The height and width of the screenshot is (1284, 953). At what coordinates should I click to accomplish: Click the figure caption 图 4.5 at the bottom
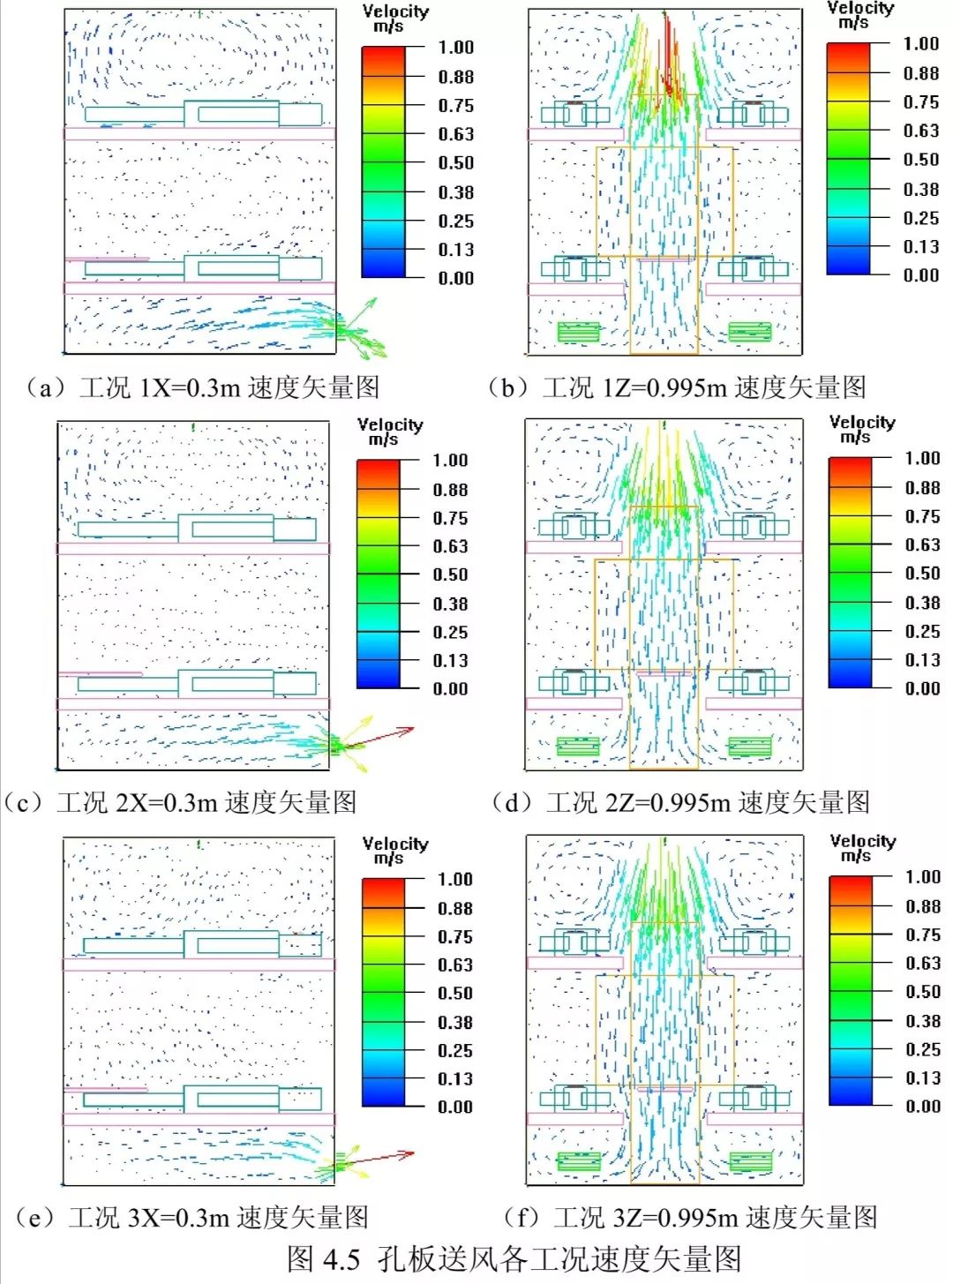(x=514, y=1258)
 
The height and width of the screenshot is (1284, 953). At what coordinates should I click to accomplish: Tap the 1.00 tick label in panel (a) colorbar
(x=455, y=48)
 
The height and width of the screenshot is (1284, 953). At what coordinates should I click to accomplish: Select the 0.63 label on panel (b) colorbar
(x=920, y=131)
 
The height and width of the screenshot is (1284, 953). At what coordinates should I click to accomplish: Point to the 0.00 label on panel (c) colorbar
(x=450, y=688)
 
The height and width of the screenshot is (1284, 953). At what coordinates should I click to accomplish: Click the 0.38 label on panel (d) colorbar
(x=922, y=603)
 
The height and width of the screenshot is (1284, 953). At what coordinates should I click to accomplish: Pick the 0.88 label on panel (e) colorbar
(x=455, y=908)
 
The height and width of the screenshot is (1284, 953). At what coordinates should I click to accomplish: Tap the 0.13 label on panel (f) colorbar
(x=922, y=1078)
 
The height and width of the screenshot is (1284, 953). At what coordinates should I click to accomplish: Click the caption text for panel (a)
(x=203, y=387)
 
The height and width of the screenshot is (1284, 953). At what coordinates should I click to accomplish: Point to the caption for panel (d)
(x=680, y=801)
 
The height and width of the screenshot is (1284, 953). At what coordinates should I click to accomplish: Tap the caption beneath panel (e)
(x=191, y=1217)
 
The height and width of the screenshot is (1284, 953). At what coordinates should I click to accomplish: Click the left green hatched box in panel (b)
(x=578, y=332)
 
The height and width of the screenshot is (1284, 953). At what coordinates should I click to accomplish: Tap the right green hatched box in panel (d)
(x=749, y=747)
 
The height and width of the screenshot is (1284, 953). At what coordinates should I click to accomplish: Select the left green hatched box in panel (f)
(x=579, y=1161)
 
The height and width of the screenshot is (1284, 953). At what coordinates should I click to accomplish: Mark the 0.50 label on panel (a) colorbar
(x=455, y=163)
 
